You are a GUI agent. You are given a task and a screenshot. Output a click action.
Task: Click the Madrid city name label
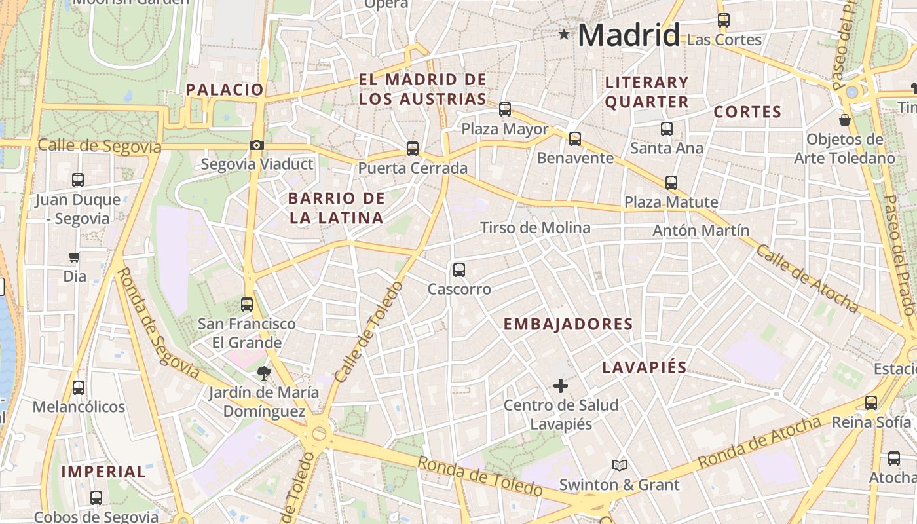click(628, 35)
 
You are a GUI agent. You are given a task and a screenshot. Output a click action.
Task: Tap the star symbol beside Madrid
click(564, 34)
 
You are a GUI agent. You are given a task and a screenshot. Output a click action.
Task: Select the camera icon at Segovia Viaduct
click(257, 145)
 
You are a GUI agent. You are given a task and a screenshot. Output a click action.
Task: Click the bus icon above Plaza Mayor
click(505, 109)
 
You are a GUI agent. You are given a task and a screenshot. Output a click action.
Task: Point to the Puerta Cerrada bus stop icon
click(412, 149)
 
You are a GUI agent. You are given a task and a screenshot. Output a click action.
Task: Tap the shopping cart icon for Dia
click(75, 257)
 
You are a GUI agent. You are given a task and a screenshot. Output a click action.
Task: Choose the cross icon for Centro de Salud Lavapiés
click(561, 386)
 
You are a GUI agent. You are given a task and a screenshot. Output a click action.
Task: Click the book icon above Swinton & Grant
click(620, 465)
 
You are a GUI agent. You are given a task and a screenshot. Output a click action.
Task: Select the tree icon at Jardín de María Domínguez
click(264, 373)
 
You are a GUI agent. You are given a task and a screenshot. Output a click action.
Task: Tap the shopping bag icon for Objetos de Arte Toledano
click(845, 120)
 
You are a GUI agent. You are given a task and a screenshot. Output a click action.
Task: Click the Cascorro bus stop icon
click(459, 269)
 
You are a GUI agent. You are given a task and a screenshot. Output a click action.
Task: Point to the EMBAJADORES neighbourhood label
click(568, 324)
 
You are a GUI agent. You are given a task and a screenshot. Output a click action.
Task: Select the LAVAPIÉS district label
click(644, 367)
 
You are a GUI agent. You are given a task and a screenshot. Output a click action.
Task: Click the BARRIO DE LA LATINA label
click(337, 208)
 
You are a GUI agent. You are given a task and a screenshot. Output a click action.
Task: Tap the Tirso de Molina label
click(535, 228)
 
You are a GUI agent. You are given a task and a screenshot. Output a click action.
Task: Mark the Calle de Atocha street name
click(807, 278)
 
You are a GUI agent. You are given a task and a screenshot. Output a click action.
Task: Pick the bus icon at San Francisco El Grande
click(247, 304)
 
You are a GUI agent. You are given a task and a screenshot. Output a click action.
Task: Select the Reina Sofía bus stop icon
click(871, 403)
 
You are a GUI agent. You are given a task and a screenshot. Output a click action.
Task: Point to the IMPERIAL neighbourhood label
click(103, 472)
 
